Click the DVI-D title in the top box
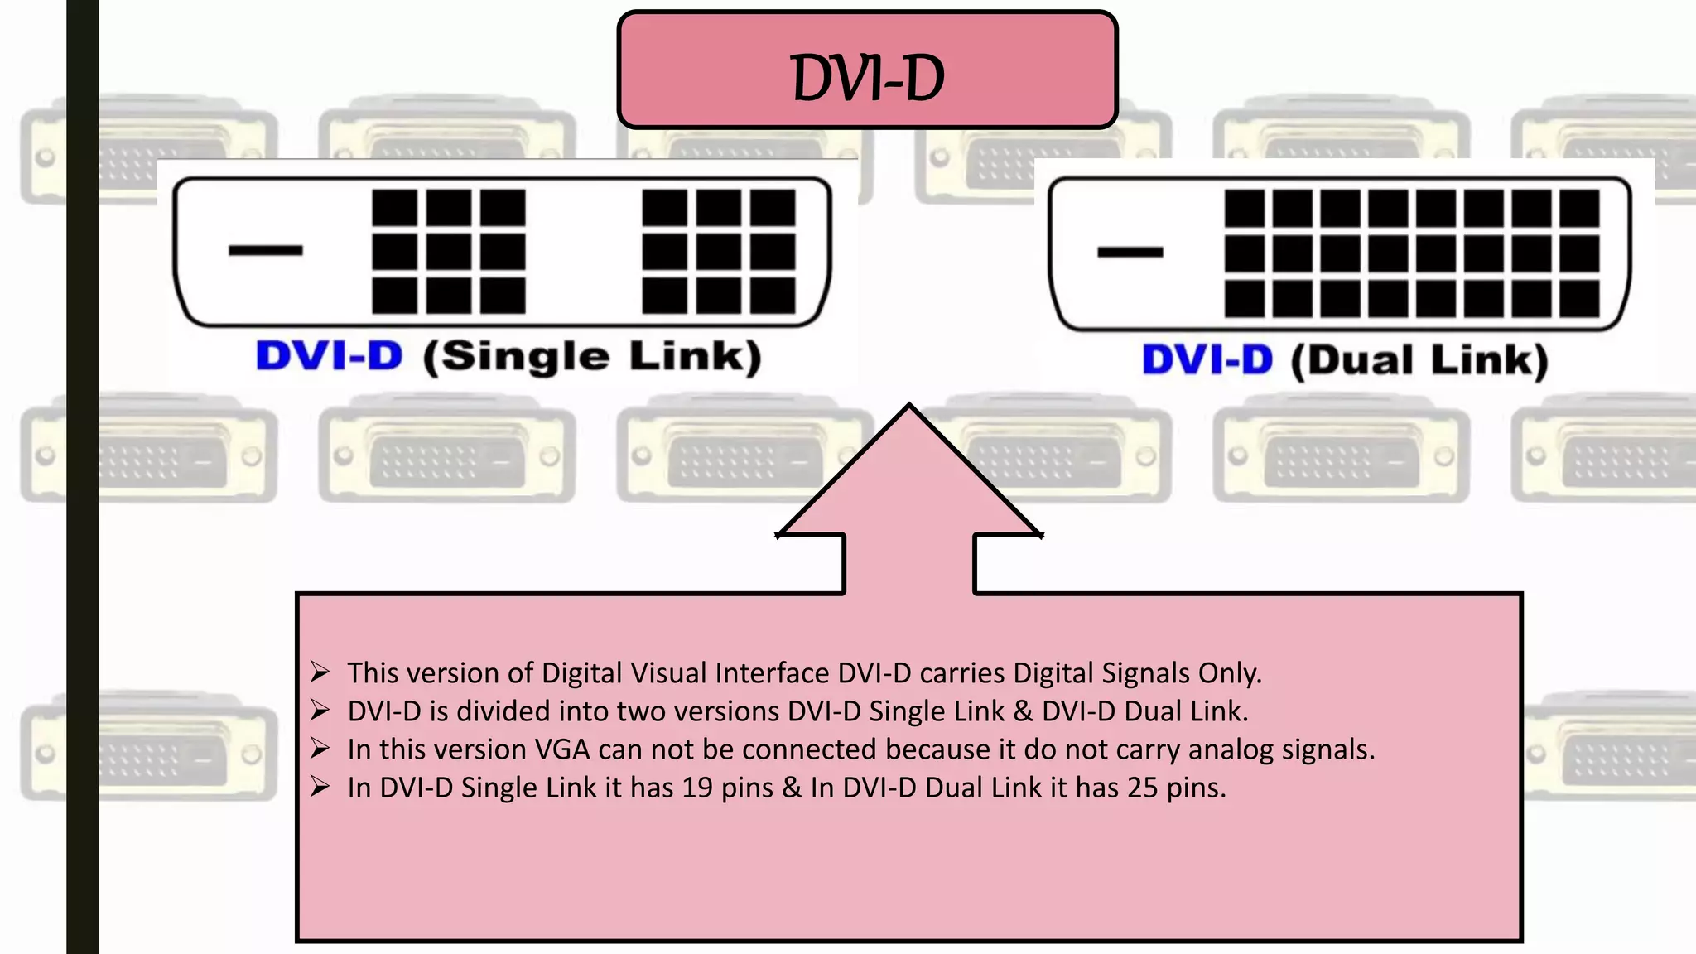[x=867, y=79]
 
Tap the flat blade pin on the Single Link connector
[x=266, y=249]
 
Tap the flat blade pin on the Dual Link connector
[x=1130, y=252]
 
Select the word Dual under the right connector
[x=1360, y=360]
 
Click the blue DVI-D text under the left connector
[x=329, y=356]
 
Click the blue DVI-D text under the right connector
[x=1207, y=360]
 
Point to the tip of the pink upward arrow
[x=909, y=407]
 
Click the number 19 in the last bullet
[x=697, y=788]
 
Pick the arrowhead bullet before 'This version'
[x=320, y=672]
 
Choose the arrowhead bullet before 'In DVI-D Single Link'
[x=320, y=786]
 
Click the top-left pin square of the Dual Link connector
[x=1244, y=209]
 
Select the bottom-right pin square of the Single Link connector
[x=773, y=296]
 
